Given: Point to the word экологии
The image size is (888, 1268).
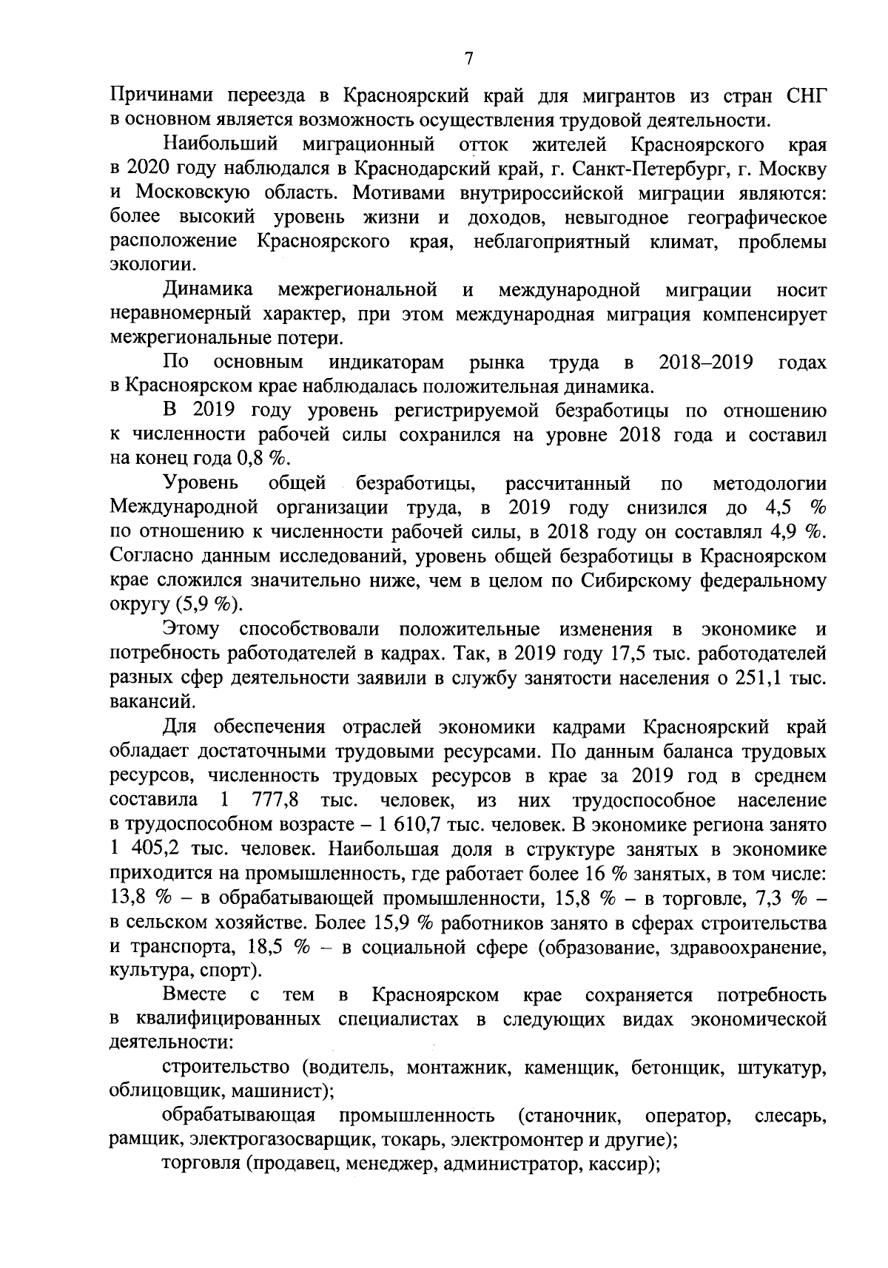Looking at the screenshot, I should pos(152,265).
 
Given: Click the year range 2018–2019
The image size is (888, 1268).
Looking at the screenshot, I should pos(705,362).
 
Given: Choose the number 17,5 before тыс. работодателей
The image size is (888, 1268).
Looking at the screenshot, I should pos(605,653).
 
